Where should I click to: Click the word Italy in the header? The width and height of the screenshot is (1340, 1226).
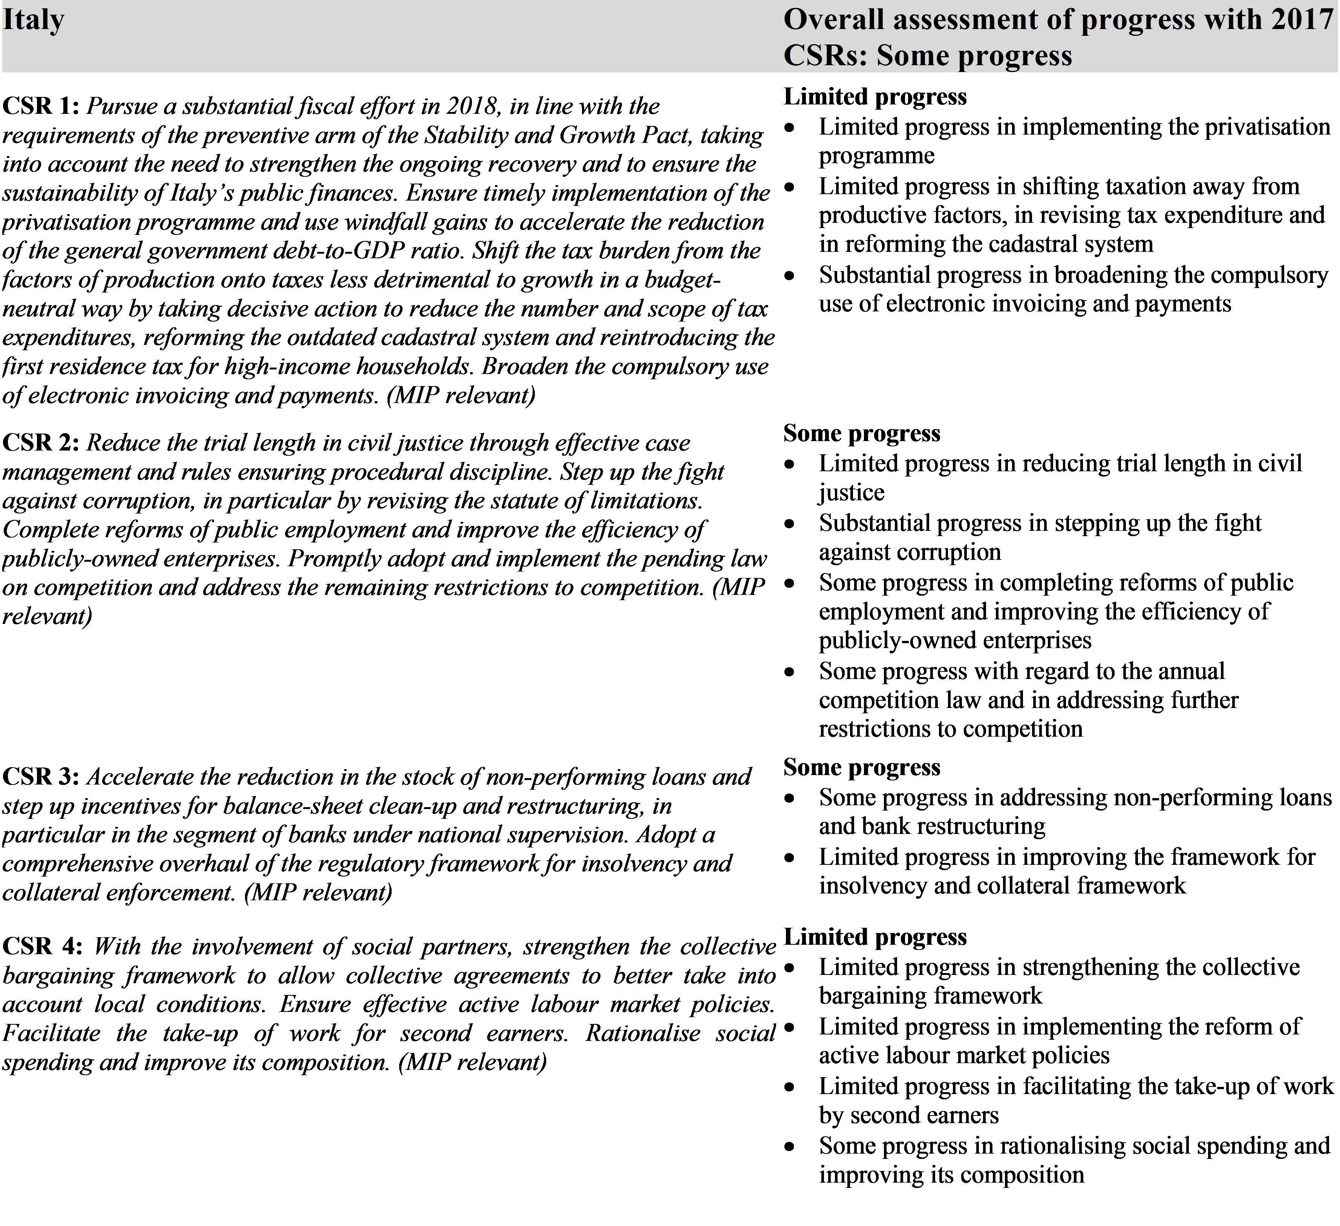click(33, 20)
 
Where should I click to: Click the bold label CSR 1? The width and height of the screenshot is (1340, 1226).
click(41, 106)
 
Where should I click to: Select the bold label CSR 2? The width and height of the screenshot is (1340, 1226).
click(41, 443)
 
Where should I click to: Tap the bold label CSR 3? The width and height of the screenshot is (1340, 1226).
click(41, 777)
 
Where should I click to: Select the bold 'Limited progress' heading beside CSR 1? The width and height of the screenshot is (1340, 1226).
click(875, 97)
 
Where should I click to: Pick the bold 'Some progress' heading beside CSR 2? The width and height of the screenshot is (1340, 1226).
click(861, 434)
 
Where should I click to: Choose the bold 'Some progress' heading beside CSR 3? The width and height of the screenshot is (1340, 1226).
click(861, 767)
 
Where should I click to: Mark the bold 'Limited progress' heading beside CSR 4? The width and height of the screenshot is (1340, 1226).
click(875, 937)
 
